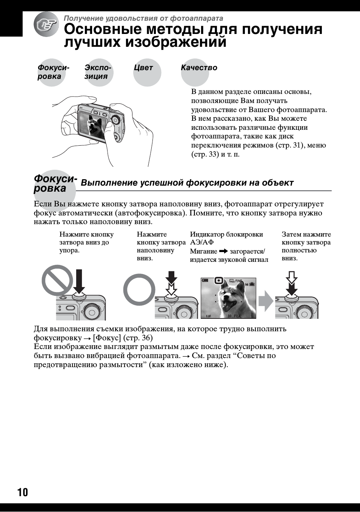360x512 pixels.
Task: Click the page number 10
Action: coord(23,492)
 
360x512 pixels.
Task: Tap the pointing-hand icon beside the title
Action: coord(46,25)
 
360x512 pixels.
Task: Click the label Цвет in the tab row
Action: coord(143,68)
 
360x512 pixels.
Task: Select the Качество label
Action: coord(199,68)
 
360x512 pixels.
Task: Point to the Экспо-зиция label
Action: coord(98,72)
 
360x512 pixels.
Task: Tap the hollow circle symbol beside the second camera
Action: coord(139,289)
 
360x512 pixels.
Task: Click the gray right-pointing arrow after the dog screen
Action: coord(266,300)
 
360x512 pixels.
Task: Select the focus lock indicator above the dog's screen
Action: coord(218,281)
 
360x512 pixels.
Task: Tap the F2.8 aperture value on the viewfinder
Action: coord(237,316)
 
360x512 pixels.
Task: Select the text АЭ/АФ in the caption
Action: coord(202,242)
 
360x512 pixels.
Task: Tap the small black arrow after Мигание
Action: coord(223,251)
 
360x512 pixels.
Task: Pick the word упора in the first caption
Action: coord(68,251)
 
